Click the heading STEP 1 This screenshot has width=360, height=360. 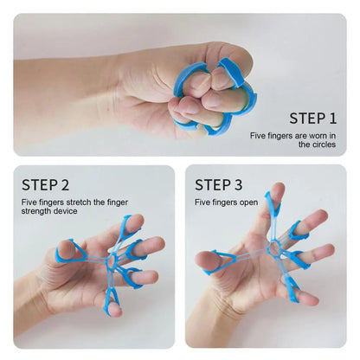pyautogui.click(x=313, y=119)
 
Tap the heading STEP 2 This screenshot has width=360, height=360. pyautogui.click(x=46, y=185)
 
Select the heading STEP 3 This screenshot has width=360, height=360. pyautogui.click(x=218, y=185)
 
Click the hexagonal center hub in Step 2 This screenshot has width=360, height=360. pyautogui.click(x=111, y=262)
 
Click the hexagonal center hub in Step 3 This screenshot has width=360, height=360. pyautogui.click(x=273, y=247)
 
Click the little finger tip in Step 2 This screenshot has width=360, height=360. pyautogui.click(x=115, y=310)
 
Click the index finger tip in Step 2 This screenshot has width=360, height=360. pyautogui.click(x=136, y=222)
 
